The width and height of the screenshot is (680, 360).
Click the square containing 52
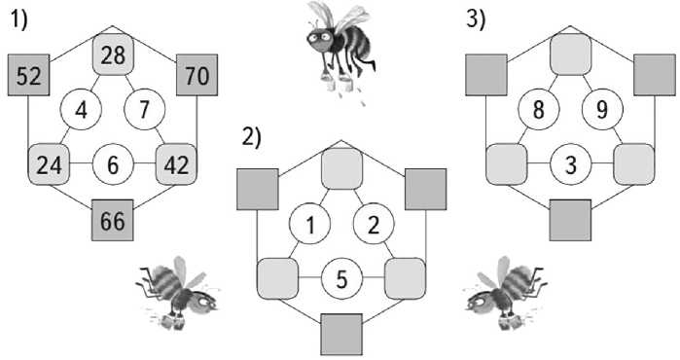coord(28,75)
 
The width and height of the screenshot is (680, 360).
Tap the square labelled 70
coord(197,75)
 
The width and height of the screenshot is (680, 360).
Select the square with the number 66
coord(112,220)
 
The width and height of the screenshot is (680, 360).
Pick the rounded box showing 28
coord(113,54)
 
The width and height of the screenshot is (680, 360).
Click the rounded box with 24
coord(49,164)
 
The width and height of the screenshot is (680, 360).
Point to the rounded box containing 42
coord(176,164)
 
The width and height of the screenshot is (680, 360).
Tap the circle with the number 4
coord(81,109)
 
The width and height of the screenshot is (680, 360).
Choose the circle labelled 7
coord(144,109)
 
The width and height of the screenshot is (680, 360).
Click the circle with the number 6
coord(113,164)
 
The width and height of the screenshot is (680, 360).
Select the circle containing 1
coord(309,224)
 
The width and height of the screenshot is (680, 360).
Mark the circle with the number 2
coord(374,224)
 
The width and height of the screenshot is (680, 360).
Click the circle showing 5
coord(341,279)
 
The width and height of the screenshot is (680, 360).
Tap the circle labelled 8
coord(539,109)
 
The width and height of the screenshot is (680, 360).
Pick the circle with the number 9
coord(602,109)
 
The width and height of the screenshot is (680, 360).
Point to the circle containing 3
coord(571,164)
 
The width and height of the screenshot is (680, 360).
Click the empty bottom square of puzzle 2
coord(341,335)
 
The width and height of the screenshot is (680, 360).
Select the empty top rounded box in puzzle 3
coord(571,54)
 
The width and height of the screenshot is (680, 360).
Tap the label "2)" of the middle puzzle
coord(252,137)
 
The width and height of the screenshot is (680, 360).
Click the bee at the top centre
coord(340,47)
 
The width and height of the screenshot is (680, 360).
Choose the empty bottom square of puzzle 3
coord(570,220)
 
